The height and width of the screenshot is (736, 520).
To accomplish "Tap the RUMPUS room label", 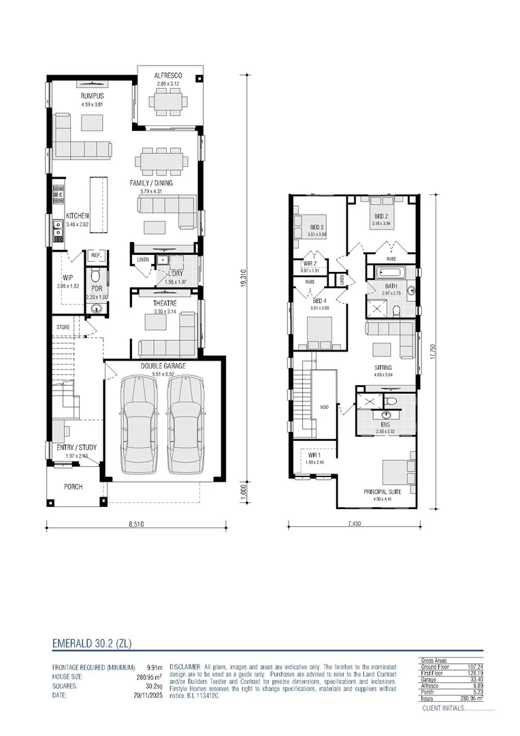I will point(92,97).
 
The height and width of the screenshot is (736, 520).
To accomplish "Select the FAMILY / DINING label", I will point(152,183).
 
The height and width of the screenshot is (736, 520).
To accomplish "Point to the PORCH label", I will point(74,487).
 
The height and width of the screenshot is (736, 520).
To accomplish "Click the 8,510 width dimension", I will point(137,525).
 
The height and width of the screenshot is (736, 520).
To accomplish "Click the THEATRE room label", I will point(165,303).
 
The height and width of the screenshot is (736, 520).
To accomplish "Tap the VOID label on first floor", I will point(325,407).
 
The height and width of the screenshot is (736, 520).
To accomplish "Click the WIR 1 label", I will point(313,455).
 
